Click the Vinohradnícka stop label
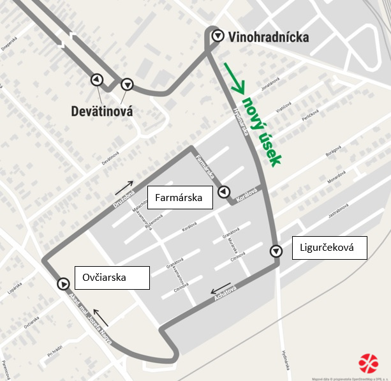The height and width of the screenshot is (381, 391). tap(269, 37)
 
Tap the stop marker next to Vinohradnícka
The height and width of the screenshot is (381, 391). tap(218, 36)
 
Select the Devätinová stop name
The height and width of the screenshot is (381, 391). tap(102, 111)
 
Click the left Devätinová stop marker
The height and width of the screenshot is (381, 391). tap(96, 79)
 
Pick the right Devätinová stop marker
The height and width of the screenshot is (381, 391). tap(127, 84)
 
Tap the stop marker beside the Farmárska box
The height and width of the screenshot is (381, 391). tap(223, 191)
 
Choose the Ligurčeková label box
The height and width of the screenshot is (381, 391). tap(330, 248)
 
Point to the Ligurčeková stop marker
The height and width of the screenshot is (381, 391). tap(276, 251)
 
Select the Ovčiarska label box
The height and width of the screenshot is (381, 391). tap(112, 278)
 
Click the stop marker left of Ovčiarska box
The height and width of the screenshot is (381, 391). tap(63, 284)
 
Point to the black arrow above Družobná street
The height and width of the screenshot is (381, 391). tap(125, 186)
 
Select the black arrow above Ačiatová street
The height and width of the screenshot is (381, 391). tap(222, 287)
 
